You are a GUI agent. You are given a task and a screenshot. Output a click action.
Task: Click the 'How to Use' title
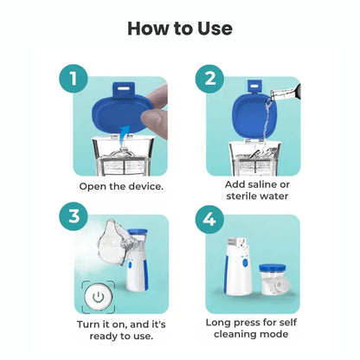pyautogui.click(x=180, y=28)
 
